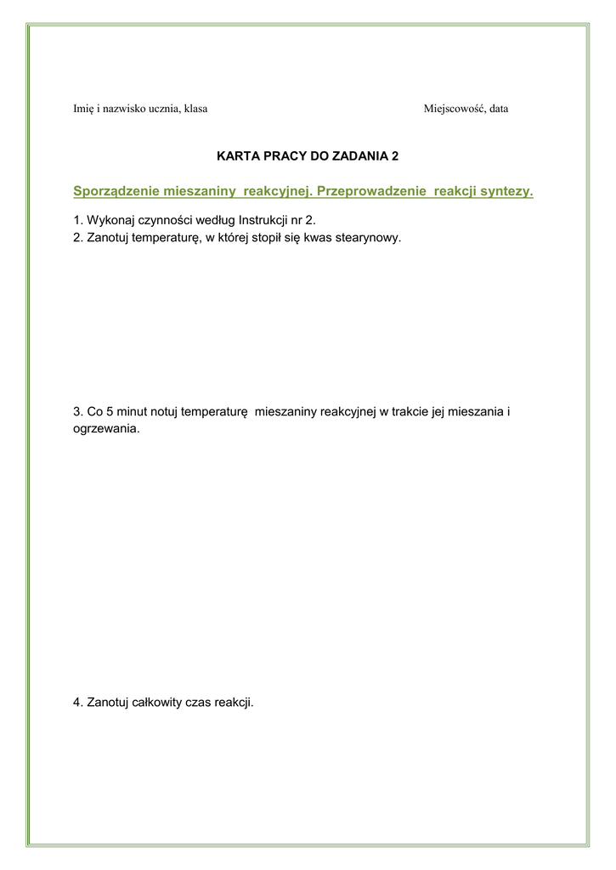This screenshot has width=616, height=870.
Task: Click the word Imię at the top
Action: click(x=84, y=109)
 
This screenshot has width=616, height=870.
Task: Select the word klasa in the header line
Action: click(x=195, y=109)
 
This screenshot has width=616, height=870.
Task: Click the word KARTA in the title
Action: click(x=238, y=156)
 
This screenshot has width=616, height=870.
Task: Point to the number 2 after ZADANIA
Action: click(x=394, y=156)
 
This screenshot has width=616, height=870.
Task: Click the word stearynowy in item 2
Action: click(x=368, y=238)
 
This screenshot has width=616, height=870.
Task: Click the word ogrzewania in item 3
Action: click(x=106, y=429)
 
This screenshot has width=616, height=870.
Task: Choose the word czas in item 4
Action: click(x=199, y=703)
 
